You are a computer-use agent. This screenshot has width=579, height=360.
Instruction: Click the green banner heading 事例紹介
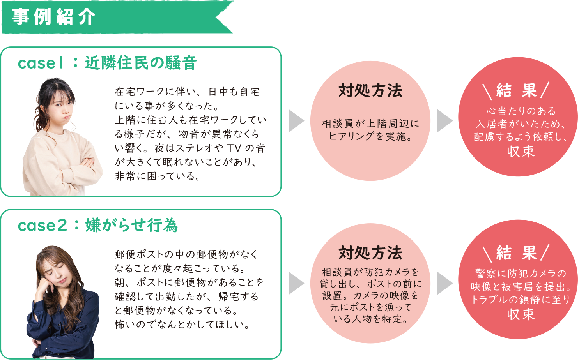pyautogui.click(x=54, y=17)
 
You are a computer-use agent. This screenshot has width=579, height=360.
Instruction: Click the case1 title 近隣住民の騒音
pyautogui.click(x=140, y=63)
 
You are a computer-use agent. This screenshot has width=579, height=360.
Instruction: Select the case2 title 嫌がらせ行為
pyautogui.click(x=131, y=225)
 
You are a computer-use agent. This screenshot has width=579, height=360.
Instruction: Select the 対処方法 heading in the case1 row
pyautogui.click(x=370, y=90)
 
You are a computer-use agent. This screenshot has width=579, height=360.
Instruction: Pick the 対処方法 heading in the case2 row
pyautogui.click(x=370, y=253)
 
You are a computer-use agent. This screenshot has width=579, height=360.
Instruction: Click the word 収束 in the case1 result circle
pyautogui.click(x=521, y=152)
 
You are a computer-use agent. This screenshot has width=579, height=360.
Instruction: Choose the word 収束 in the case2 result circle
pyautogui.click(x=521, y=314)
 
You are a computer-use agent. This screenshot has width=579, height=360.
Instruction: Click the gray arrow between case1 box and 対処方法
pyautogui.click(x=296, y=121)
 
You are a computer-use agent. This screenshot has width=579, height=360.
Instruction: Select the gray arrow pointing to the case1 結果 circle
pyautogui.click(x=444, y=121)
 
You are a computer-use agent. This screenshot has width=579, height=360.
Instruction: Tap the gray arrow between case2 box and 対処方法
pyautogui.click(x=296, y=283)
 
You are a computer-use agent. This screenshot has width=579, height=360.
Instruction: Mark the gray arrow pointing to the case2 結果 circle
pyautogui.click(x=444, y=283)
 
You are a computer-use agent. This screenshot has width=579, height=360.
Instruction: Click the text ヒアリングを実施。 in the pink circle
pyautogui.click(x=370, y=136)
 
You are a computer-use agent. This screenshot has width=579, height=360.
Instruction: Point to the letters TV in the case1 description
pyautogui.click(x=234, y=148)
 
